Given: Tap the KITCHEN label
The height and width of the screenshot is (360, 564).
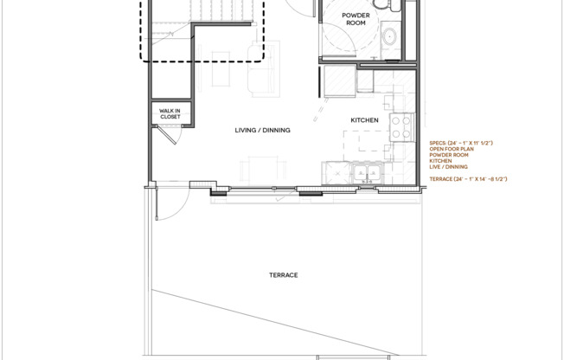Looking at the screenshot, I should (362, 120).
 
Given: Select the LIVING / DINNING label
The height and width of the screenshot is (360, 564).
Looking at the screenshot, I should (262, 130).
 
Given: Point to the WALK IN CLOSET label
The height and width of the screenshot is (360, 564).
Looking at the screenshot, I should (170, 112).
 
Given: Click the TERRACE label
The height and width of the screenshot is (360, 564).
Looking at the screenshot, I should (283, 275).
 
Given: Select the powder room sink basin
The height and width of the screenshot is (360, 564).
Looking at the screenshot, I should (390, 37).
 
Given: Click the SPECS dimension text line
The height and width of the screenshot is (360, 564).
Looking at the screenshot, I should (467, 143).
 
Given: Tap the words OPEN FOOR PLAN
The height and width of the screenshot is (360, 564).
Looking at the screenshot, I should (451, 149).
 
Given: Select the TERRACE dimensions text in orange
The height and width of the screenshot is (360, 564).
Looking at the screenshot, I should (468, 178).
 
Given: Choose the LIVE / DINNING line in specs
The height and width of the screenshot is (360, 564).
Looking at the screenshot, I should (449, 166).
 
